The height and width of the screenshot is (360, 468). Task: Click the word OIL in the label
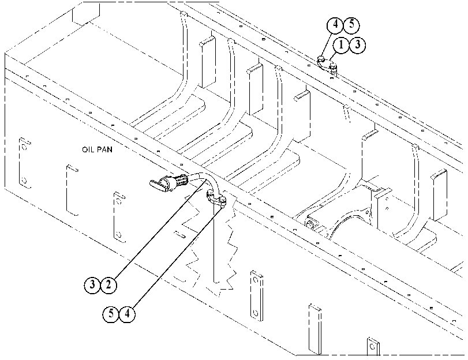point(88,149)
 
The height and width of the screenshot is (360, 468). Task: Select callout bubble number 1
point(341,45)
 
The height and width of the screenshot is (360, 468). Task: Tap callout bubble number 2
point(108,285)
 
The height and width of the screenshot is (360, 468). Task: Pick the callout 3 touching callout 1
point(358,45)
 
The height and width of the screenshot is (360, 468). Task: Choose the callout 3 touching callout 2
point(92,285)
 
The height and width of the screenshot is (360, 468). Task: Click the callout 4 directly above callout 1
point(335,25)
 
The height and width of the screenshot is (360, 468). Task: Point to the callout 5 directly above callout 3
point(351,25)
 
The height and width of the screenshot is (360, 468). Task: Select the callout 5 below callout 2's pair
point(111,314)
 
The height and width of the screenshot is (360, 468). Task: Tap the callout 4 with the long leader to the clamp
point(127,314)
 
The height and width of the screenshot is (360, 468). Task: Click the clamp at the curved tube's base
point(216,199)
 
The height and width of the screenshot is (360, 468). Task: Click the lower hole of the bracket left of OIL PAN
point(24,181)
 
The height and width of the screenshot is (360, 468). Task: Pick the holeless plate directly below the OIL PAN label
point(73,190)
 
